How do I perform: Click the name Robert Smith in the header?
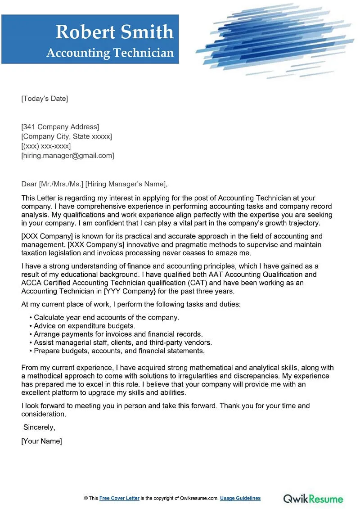point(114,32)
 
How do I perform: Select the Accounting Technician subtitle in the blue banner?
point(110,53)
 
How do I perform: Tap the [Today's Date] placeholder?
point(45,99)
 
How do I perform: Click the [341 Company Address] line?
point(60,127)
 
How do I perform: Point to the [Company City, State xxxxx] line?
point(67,136)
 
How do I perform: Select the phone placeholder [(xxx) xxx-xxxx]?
point(46,146)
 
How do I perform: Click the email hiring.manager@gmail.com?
point(67,156)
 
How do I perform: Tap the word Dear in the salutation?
point(29,184)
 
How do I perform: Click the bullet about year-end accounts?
point(107,317)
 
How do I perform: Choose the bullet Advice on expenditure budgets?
point(85,325)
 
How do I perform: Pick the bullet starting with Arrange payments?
point(118,334)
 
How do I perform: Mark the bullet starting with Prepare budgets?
point(119,351)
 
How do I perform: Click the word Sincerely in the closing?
point(39,428)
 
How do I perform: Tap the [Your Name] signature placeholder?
point(41,441)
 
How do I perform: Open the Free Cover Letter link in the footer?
point(120,498)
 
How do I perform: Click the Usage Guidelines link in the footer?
point(241,498)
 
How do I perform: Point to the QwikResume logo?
point(313,499)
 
